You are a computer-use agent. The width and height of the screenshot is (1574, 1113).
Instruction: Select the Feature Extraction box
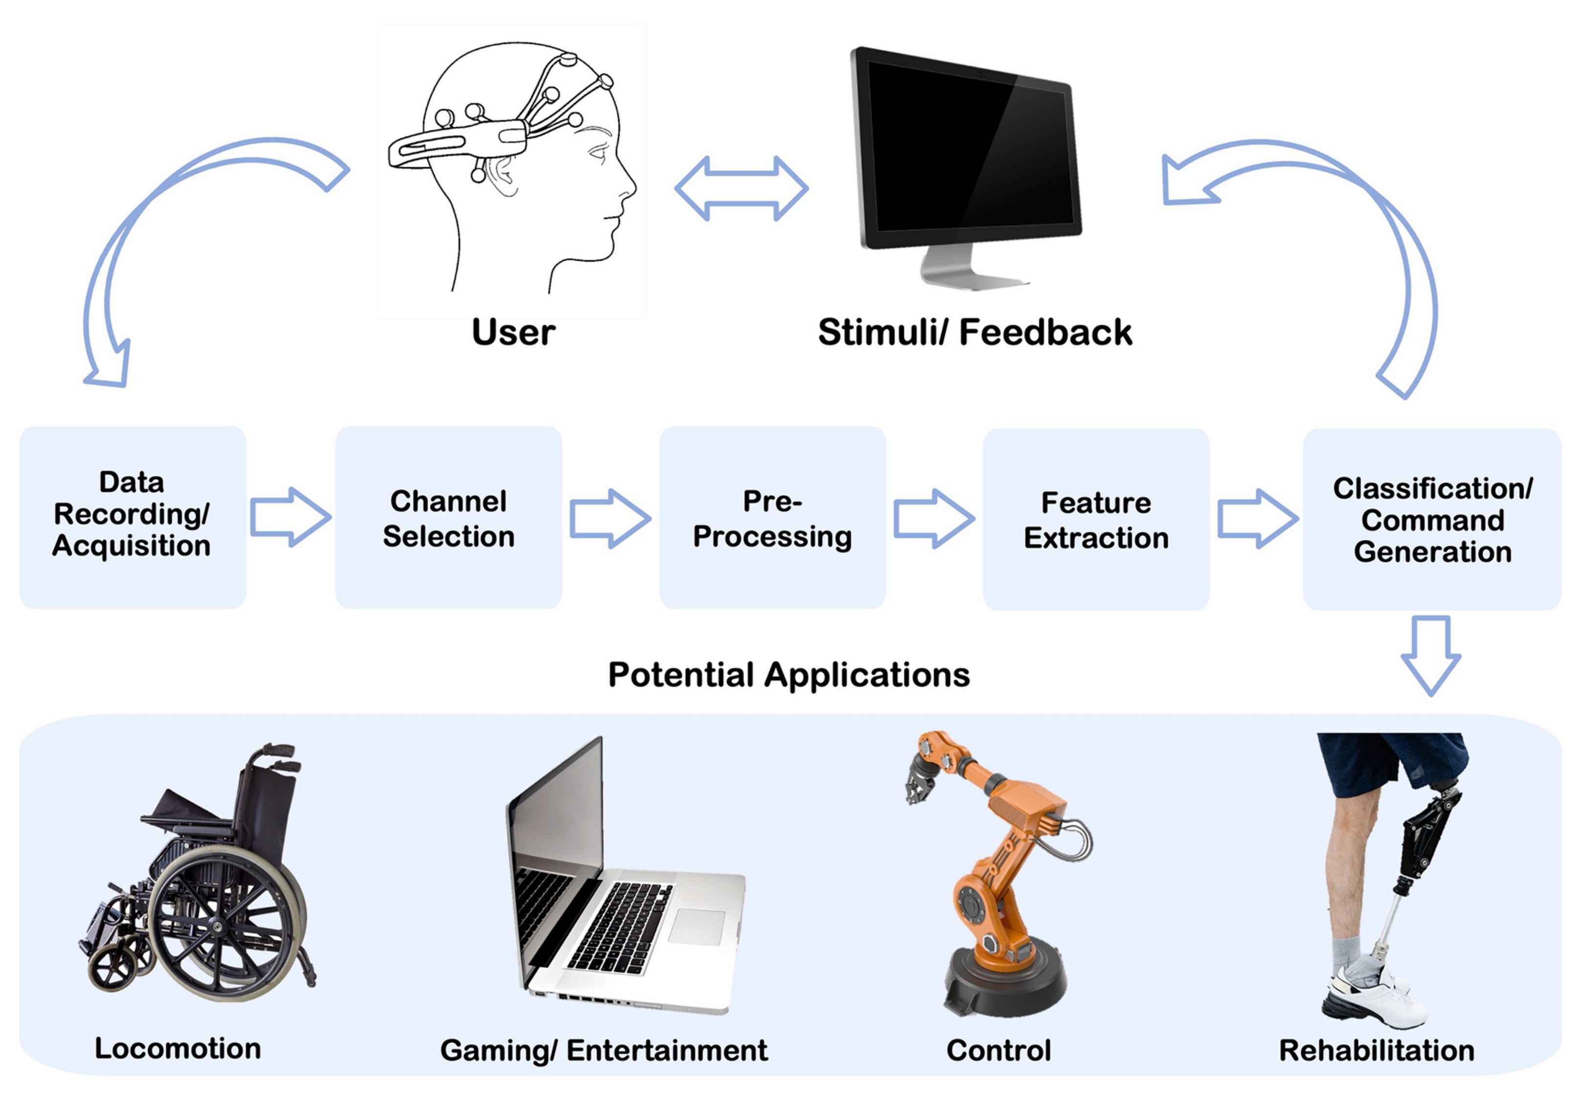click(1095, 519)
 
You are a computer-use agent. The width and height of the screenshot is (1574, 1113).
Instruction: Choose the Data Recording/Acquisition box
click(132, 518)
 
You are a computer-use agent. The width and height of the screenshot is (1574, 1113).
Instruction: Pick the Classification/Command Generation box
click(1431, 519)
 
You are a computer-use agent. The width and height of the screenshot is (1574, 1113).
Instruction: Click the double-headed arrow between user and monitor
click(741, 189)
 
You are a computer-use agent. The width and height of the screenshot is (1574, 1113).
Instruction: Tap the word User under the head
click(513, 333)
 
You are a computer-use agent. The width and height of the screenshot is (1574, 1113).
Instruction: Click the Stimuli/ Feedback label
click(974, 333)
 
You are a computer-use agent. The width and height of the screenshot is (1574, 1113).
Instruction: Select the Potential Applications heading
click(788, 675)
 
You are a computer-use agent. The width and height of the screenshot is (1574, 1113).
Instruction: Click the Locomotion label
click(177, 1048)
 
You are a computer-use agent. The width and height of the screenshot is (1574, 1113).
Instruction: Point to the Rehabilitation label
click(1377, 1050)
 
